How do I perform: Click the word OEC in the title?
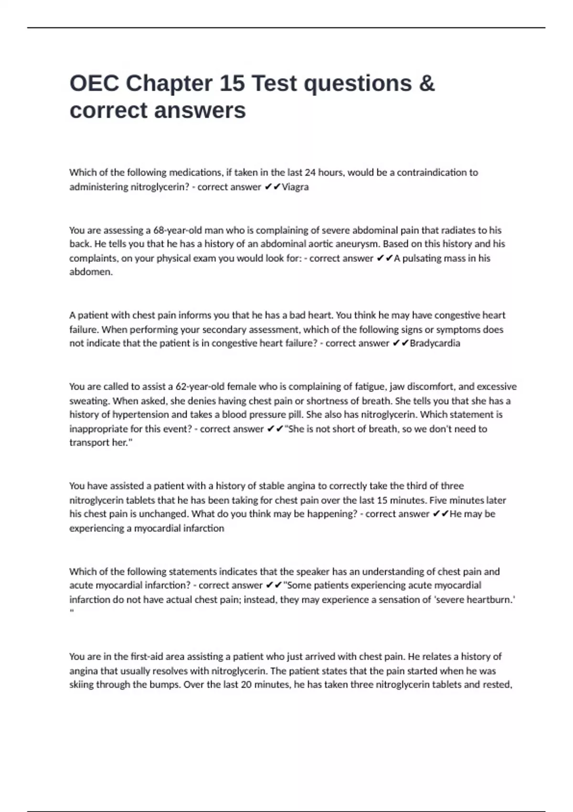(94, 84)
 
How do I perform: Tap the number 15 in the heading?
(233, 84)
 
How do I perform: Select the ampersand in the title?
(426, 84)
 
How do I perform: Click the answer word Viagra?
(295, 187)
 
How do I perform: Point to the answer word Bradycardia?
(435, 343)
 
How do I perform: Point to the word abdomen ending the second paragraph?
(91, 272)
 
